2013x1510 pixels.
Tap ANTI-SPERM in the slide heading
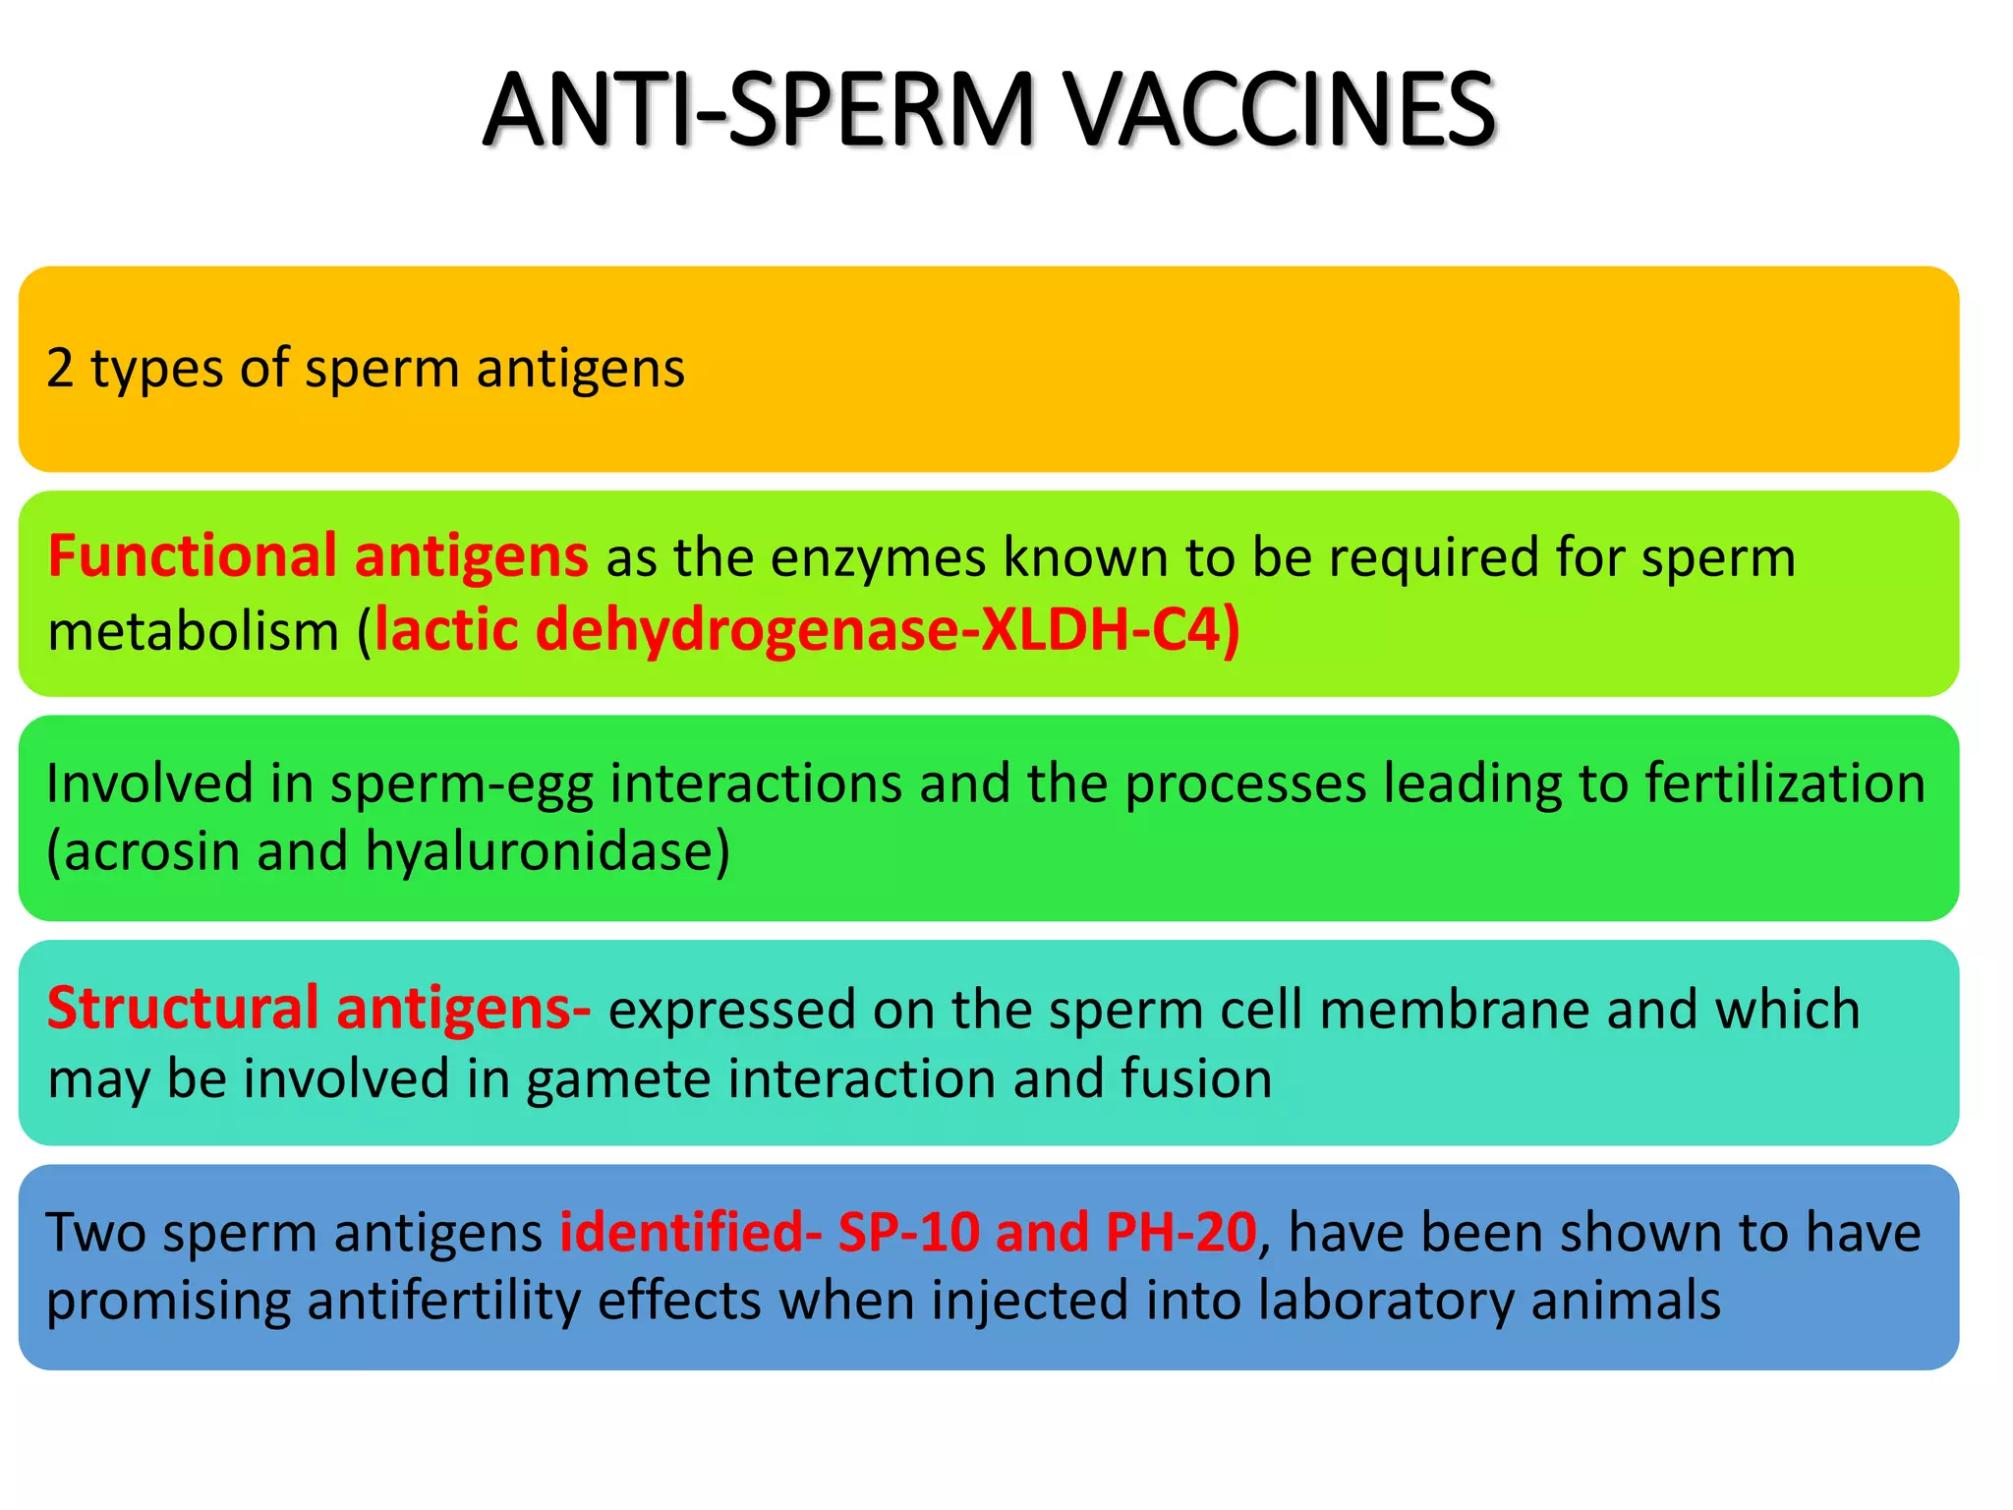pos(759,110)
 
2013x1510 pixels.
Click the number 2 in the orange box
pos(60,369)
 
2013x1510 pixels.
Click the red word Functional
pos(193,556)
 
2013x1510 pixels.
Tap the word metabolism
pos(193,631)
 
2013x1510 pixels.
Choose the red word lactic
pos(446,629)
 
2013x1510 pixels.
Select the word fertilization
pos(1784,784)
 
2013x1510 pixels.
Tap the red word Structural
pos(183,1009)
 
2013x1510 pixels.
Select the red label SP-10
pos(908,1233)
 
